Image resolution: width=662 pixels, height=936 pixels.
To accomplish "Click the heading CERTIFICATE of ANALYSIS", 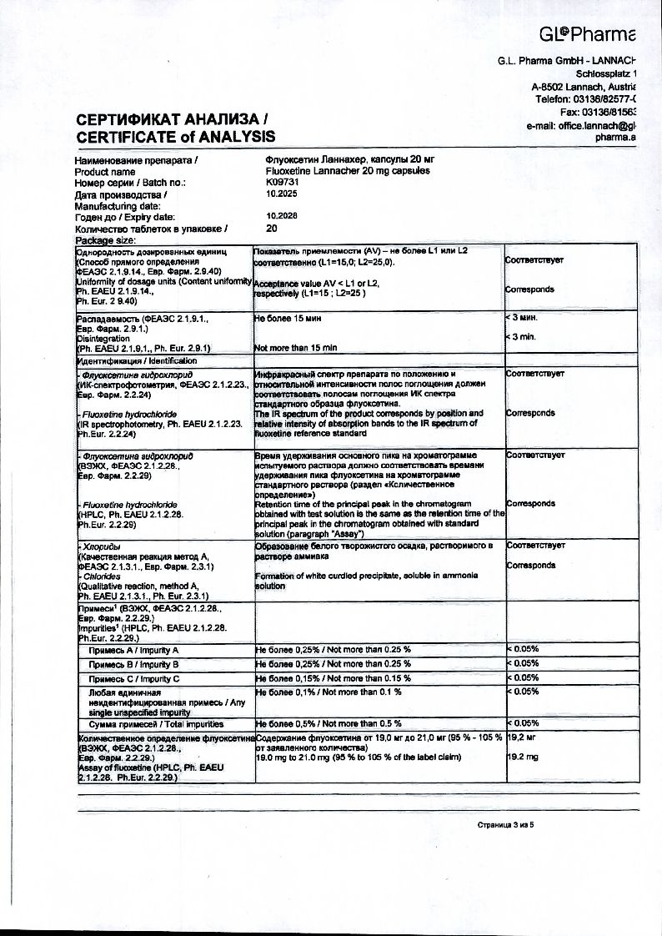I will [175, 136].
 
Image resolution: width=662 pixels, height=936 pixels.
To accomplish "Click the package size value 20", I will [272, 227].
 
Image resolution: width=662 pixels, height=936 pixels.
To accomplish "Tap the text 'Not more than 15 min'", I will [295, 347].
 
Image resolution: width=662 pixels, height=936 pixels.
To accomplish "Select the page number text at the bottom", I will [504, 824].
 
